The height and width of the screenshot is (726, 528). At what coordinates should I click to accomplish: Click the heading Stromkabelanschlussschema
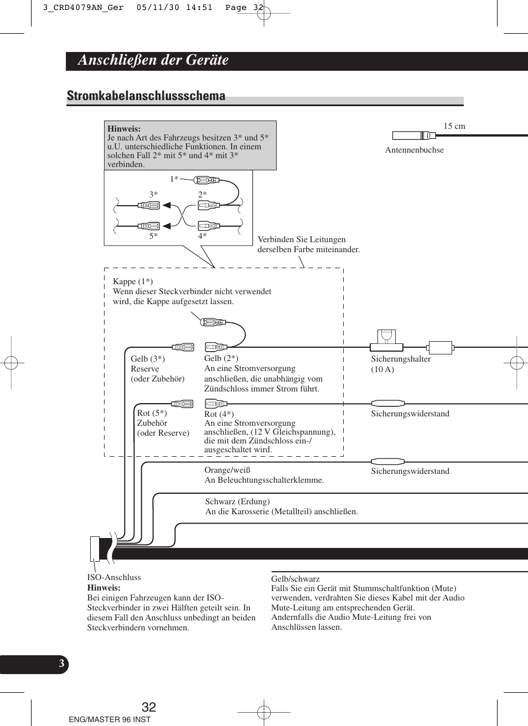[146, 96]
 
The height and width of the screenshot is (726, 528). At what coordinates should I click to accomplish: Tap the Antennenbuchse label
[414, 150]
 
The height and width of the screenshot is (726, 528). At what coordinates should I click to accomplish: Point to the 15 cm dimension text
[454, 126]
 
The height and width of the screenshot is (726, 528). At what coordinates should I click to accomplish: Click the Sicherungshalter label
[401, 359]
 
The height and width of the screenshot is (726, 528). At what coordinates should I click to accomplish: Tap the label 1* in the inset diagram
[174, 179]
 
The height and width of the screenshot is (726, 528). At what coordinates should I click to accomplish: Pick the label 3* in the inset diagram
[153, 195]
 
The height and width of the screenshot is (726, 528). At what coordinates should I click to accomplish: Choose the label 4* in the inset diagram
[203, 236]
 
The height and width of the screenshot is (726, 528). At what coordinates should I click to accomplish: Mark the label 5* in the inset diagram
[153, 236]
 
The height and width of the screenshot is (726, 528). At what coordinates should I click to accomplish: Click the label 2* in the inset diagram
[203, 195]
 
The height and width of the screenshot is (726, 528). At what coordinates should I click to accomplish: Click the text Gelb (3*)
[148, 359]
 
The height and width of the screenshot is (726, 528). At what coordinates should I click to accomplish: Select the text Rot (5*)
[152, 413]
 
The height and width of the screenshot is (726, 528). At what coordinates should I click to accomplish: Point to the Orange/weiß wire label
[227, 470]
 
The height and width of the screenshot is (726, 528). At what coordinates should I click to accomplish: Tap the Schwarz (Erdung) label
[237, 502]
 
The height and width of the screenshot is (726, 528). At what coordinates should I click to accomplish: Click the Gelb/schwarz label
[296, 579]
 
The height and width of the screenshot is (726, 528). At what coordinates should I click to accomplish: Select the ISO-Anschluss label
[114, 577]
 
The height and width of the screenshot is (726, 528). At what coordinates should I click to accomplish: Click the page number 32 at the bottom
[149, 707]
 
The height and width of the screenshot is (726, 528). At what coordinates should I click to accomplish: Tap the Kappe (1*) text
[133, 281]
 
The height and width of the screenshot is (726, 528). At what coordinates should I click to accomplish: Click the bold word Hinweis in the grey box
[124, 129]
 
